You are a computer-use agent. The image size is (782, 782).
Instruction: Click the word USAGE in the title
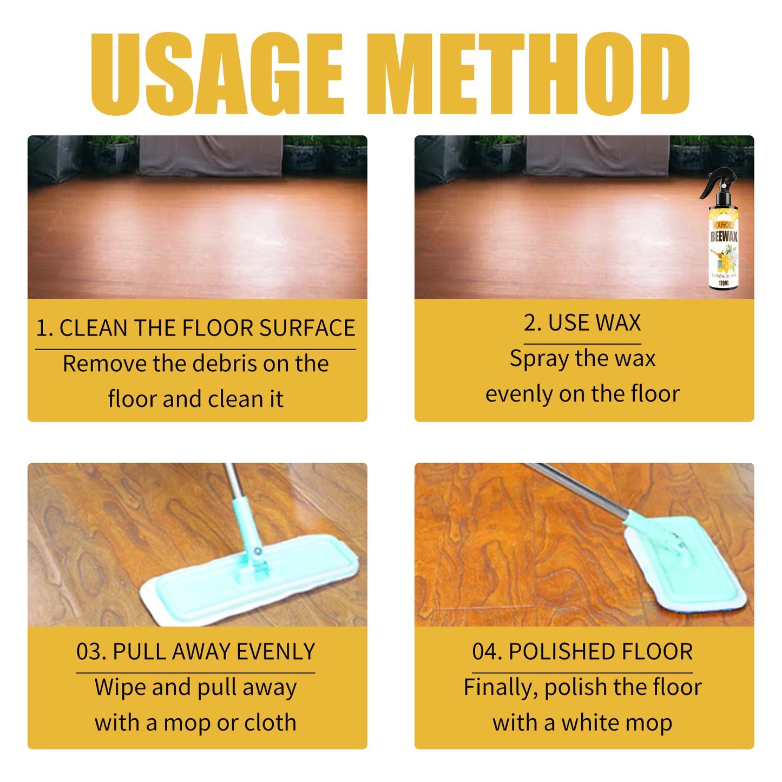coord(216,74)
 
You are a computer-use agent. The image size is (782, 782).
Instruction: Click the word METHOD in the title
coord(528,74)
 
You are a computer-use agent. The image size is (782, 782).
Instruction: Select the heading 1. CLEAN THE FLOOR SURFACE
coord(195,328)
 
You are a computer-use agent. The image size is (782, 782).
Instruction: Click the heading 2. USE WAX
coord(582,323)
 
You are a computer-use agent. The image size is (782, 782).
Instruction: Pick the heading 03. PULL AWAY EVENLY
coord(195,652)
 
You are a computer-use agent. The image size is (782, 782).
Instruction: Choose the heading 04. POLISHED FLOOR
coord(582,652)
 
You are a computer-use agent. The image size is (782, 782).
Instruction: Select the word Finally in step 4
coord(501,688)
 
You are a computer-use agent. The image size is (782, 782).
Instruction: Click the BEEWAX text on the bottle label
coord(724,236)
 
